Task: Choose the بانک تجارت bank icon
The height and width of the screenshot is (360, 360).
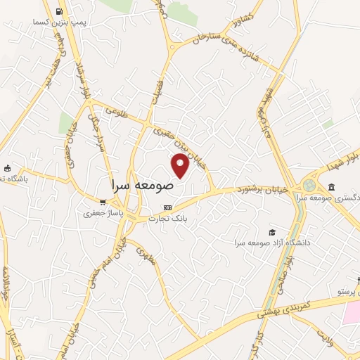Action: (167, 207)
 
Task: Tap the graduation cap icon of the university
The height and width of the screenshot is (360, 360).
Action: (272, 232)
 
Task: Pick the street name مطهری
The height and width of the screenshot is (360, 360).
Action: (145, 251)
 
